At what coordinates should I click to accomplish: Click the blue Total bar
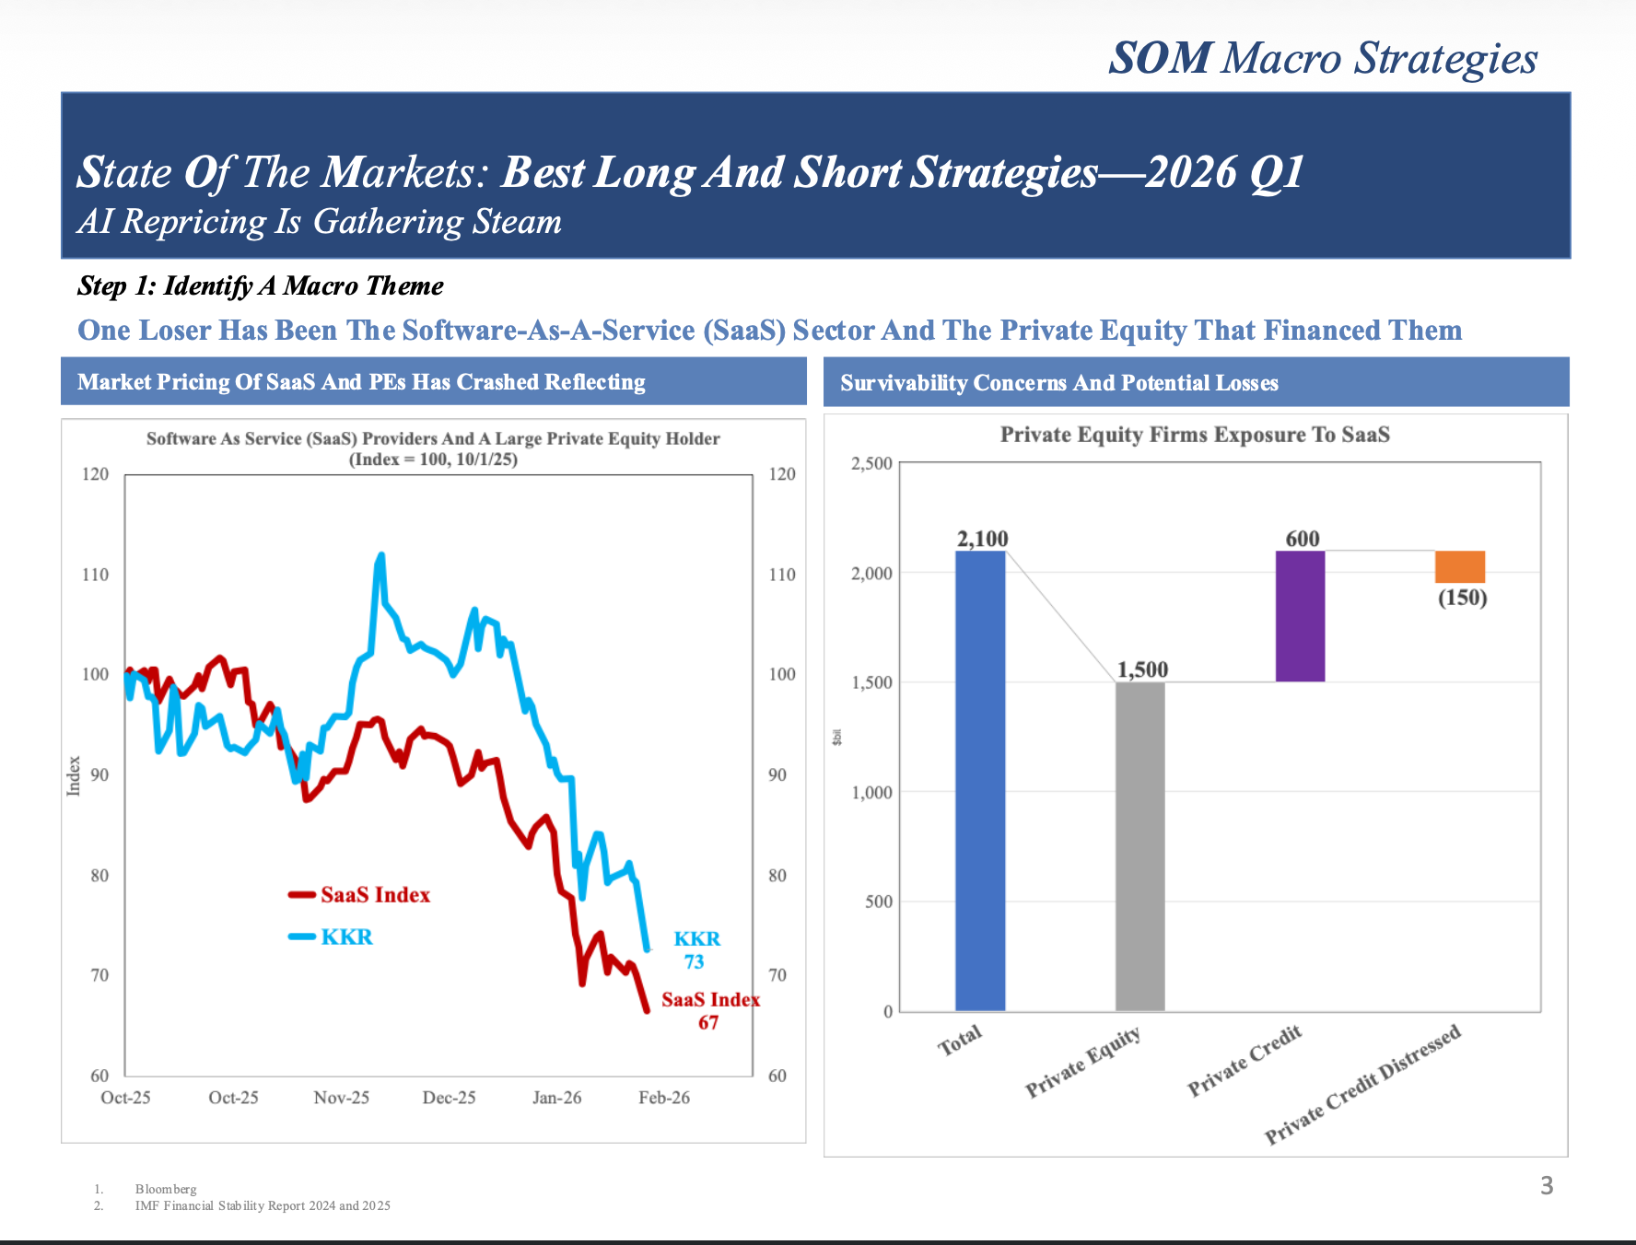980,781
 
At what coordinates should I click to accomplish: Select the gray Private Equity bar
1139,846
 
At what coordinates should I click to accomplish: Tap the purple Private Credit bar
1300,616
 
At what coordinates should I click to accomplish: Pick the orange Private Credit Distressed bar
1460,566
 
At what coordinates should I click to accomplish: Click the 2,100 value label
982,539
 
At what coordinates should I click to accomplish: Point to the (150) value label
1463,598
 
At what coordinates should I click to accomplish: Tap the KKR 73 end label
696,950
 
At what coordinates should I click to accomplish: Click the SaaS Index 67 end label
709,1011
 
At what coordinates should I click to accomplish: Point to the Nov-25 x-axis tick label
341,1098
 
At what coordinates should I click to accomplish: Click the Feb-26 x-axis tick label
664,1098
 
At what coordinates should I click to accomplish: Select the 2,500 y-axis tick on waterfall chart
871,463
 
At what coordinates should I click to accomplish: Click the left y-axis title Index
74,775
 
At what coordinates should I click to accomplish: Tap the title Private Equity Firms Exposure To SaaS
1195,435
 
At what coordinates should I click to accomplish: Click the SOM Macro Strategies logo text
1323,58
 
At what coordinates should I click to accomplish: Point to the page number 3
1547,1186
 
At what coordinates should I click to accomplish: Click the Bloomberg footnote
166,1189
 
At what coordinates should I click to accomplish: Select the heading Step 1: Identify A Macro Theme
261,286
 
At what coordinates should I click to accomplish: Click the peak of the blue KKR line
380,555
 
